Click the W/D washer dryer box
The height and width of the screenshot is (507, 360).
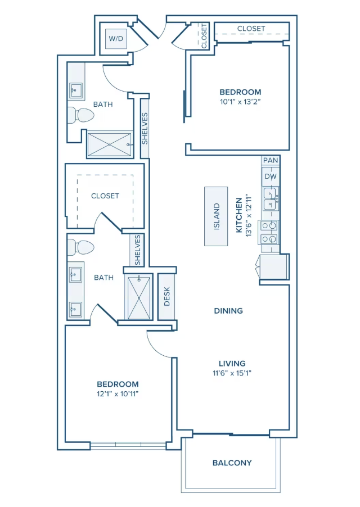tap(115, 39)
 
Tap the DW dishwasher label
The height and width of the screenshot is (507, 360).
tap(271, 176)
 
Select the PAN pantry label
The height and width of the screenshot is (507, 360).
tap(271, 160)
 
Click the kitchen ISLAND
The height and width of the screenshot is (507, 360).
tap(216, 216)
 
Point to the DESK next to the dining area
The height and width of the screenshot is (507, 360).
tap(166, 296)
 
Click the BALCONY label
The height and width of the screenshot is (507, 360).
tap(232, 463)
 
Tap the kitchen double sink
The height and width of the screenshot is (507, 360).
tap(271, 199)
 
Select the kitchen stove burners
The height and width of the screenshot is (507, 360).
tap(269, 232)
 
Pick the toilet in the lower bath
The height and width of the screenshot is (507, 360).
tap(79, 247)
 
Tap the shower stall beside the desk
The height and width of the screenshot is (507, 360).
tap(138, 297)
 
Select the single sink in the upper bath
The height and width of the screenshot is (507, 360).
tap(76, 89)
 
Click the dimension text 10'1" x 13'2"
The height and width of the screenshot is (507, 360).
tap(240, 102)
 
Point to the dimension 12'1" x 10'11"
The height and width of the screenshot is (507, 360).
tap(117, 394)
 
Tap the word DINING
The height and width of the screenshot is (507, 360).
tap(228, 310)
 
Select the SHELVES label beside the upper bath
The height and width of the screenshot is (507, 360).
tap(145, 128)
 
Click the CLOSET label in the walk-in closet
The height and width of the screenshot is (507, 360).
tap(105, 196)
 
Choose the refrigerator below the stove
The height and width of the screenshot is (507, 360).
tap(274, 266)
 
